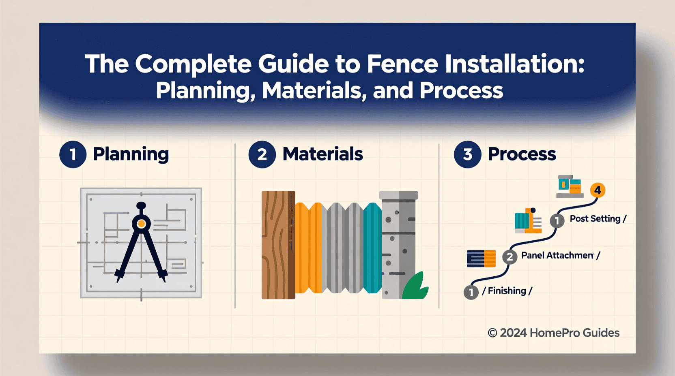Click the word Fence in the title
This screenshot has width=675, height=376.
(402, 64)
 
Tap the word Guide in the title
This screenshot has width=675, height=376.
(293, 64)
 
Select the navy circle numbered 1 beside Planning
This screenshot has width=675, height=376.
(73, 154)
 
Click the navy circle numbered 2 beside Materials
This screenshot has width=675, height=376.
(262, 154)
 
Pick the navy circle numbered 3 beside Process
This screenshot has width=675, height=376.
(467, 154)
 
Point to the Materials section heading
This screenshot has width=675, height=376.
(323, 154)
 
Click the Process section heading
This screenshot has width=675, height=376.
(522, 154)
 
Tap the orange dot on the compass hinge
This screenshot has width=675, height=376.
(141, 224)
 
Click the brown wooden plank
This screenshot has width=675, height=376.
(278, 245)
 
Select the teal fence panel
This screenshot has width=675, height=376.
(373, 248)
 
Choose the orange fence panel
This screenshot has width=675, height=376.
(309, 248)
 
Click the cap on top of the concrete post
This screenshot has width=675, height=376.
(398, 195)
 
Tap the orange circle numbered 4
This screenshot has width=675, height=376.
(598, 190)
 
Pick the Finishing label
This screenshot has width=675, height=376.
(507, 291)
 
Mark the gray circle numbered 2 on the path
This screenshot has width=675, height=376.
(509, 257)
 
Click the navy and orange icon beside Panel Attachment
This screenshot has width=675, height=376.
(481, 258)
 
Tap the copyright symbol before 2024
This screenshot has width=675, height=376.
(492, 333)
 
